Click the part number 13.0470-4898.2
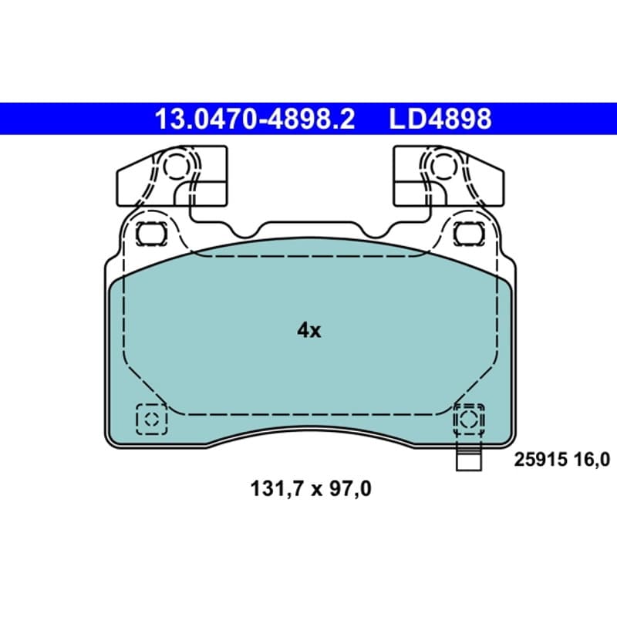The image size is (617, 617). [255, 119]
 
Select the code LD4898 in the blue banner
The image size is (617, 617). [440, 119]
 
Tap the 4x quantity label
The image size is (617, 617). [309, 331]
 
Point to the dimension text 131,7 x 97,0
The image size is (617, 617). [311, 489]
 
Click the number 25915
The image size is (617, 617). [541, 460]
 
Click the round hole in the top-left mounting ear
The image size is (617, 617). [176, 166]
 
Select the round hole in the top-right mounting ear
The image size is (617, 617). [444, 166]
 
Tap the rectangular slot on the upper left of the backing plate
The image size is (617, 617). [151, 234]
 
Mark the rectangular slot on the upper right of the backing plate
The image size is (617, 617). [469, 234]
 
